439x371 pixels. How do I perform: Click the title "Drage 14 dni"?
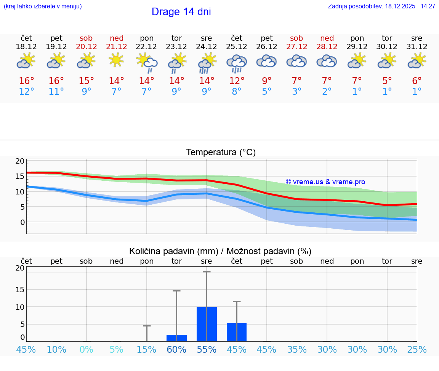(181, 12)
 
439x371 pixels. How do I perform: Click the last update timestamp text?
(381, 6)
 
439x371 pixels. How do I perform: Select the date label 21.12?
(117, 47)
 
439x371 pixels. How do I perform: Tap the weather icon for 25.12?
(237, 63)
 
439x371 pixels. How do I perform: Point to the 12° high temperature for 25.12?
(237, 81)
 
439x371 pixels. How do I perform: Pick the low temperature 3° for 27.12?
(296, 92)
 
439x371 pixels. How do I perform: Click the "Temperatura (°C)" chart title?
(221, 153)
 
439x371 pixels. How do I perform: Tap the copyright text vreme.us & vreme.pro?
(325, 182)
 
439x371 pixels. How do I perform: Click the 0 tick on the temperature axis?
(22, 222)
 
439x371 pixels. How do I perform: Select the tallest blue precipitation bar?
(207, 324)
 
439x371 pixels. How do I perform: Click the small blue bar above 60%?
(176, 338)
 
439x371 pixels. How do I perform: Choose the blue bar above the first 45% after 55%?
(237, 332)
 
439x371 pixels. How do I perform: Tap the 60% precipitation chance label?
(176, 349)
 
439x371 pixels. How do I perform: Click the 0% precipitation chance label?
(87, 349)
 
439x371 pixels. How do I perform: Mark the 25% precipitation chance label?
(417, 349)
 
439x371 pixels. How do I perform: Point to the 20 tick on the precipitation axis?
(20, 268)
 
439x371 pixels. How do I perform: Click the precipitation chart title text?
(220, 251)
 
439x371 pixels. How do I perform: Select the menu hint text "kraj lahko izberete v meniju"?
(42, 6)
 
